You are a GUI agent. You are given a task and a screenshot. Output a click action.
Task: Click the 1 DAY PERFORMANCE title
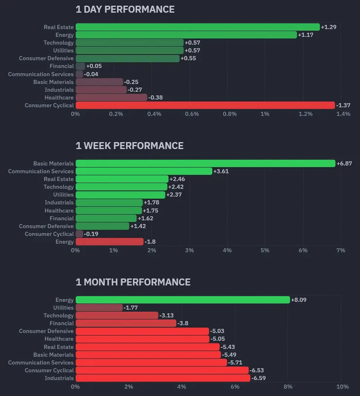click(x=125, y=9)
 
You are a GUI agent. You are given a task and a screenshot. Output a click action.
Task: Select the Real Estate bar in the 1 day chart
click(x=198, y=27)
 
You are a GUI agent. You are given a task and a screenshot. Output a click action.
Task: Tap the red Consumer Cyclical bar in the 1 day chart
click(x=205, y=105)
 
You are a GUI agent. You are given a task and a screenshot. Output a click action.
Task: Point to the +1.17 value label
click(x=306, y=35)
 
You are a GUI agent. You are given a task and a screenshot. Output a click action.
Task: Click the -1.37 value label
click(x=344, y=105)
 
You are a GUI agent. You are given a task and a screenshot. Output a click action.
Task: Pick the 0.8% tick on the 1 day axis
click(x=230, y=114)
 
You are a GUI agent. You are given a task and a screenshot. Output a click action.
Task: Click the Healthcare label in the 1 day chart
click(x=59, y=97)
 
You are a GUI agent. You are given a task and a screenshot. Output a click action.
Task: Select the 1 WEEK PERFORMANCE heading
click(x=129, y=146)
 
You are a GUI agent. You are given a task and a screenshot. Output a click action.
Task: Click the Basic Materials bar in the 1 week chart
click(x=205, y=164)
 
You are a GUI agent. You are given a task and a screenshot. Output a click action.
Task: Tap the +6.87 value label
click(x=344, y=164)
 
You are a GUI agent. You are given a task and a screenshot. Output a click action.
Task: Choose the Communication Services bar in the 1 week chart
click(x=144, y=171)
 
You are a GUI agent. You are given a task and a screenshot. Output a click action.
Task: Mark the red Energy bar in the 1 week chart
click(x=109, y=242)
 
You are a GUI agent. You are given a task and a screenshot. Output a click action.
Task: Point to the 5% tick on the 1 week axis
click(x=265, y=250)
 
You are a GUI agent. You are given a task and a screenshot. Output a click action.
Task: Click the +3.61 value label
click(x=222, y=171)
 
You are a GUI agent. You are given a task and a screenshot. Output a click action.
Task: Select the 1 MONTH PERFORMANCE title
click(x=133, y=282)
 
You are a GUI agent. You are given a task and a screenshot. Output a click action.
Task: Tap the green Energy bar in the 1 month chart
click(x=182, y=300)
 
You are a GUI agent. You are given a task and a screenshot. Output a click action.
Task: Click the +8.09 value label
click(x=299, y=300)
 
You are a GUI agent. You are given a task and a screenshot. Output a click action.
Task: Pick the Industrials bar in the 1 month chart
click(x=162, y=378)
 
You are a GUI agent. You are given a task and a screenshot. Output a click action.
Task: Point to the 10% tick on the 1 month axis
click(x=342, y=387)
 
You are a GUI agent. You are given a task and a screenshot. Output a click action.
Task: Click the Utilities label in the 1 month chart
click(x=63, y=308)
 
